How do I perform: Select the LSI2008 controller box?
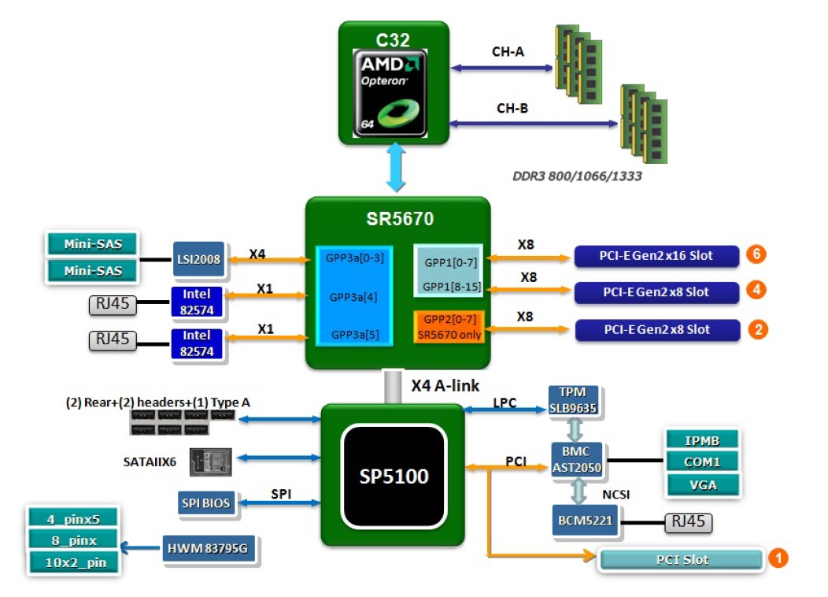point(198,259)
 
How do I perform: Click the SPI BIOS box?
point(207,502)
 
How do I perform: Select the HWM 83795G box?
point(209,548)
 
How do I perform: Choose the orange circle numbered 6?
point(757,254)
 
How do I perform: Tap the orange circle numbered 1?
point(777,558)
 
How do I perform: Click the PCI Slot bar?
point(682,560)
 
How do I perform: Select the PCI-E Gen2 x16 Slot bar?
point(656,255)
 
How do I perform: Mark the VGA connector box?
point(703,484)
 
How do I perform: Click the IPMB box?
point(703,439)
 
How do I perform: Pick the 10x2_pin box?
point(74,562)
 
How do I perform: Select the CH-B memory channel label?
point(512,108)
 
